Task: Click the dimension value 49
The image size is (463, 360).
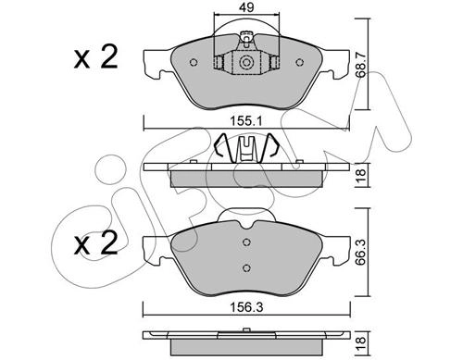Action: click(247, 7)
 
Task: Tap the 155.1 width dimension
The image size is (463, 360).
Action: click(246, 121)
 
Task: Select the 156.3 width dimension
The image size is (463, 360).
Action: click(246, 307)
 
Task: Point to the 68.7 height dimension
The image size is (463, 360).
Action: click(361, 65)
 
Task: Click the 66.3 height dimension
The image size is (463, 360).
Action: click(361, 253)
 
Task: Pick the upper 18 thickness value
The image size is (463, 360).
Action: click(361, 175)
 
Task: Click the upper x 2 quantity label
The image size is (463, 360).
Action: click(95, 56)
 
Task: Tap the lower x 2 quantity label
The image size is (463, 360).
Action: click(95, 243)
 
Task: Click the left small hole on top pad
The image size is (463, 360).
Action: click(194, 63)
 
